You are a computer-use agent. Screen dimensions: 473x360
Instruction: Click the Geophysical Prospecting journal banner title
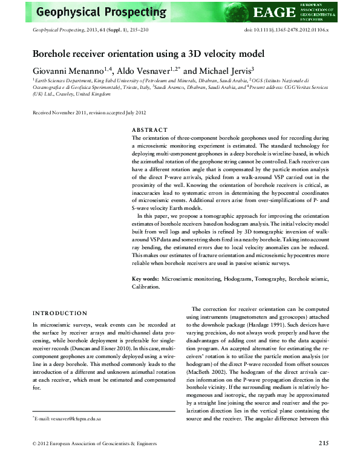(x=96, y=11)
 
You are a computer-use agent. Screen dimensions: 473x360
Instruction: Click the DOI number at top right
(x=286, y=30)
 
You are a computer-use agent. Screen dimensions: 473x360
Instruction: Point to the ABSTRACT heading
(x=149, y=129)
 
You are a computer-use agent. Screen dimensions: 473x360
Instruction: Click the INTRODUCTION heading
(x=60, y=313)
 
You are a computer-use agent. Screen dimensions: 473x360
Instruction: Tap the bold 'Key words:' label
(x=146, y=279)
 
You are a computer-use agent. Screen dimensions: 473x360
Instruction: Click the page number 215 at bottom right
(x=323, y=460)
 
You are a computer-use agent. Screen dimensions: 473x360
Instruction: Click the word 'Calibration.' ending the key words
(x=146, y=287)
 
